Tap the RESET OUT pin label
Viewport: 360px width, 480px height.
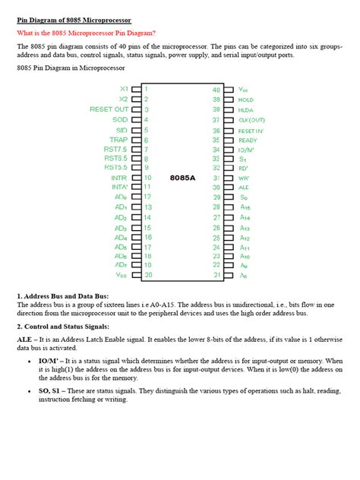click(x=109, y=109)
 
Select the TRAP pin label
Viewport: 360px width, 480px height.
click(x=118, y=139)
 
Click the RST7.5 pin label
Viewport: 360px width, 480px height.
click(x=115, y=149)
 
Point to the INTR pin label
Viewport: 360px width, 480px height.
click(x=118, y=178)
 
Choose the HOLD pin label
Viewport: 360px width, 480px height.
click(x=246, y=99)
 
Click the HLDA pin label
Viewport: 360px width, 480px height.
click(x=245, y=109)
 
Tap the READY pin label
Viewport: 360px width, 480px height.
click(x=248, y=140)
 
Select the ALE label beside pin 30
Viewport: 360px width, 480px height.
click(x=244, y=187)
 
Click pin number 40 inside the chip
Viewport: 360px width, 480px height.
click(x=216, y=90)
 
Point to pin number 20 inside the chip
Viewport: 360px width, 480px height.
click(x=148, y=274)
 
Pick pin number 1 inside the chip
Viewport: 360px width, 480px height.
click(x=146, y=89)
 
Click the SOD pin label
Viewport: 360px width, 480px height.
click(x=119, y=119)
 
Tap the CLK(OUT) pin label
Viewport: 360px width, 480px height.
click(x=251, y=120)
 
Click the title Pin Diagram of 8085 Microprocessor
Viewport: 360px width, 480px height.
click(x=74, y=19)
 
